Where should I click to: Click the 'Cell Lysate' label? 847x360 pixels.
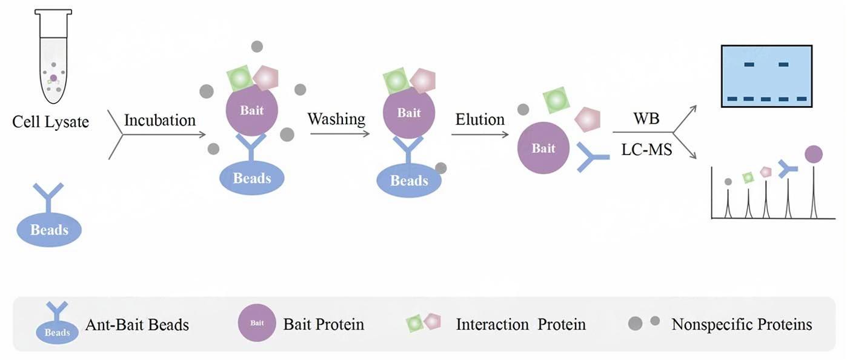51,122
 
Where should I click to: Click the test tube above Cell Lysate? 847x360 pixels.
53,57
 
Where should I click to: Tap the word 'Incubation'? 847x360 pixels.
160,120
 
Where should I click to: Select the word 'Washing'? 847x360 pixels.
336,119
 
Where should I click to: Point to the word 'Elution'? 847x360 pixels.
480,119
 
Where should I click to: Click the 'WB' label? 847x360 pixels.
646,119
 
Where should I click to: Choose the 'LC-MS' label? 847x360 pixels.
646,150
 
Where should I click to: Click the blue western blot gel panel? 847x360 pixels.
766,76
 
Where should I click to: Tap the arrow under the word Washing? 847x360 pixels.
339,133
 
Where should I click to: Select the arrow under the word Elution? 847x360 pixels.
480,135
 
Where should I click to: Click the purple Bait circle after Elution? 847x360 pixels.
543,148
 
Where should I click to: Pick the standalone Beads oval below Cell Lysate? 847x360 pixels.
49,230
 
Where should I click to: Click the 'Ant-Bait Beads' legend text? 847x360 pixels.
137,325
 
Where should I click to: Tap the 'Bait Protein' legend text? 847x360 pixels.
324,324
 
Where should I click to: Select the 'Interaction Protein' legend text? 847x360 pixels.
520,324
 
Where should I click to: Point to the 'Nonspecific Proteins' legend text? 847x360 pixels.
742,324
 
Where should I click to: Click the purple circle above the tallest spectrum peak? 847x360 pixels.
814,155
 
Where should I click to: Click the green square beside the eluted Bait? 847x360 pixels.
556,100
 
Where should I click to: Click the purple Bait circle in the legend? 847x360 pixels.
257,323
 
